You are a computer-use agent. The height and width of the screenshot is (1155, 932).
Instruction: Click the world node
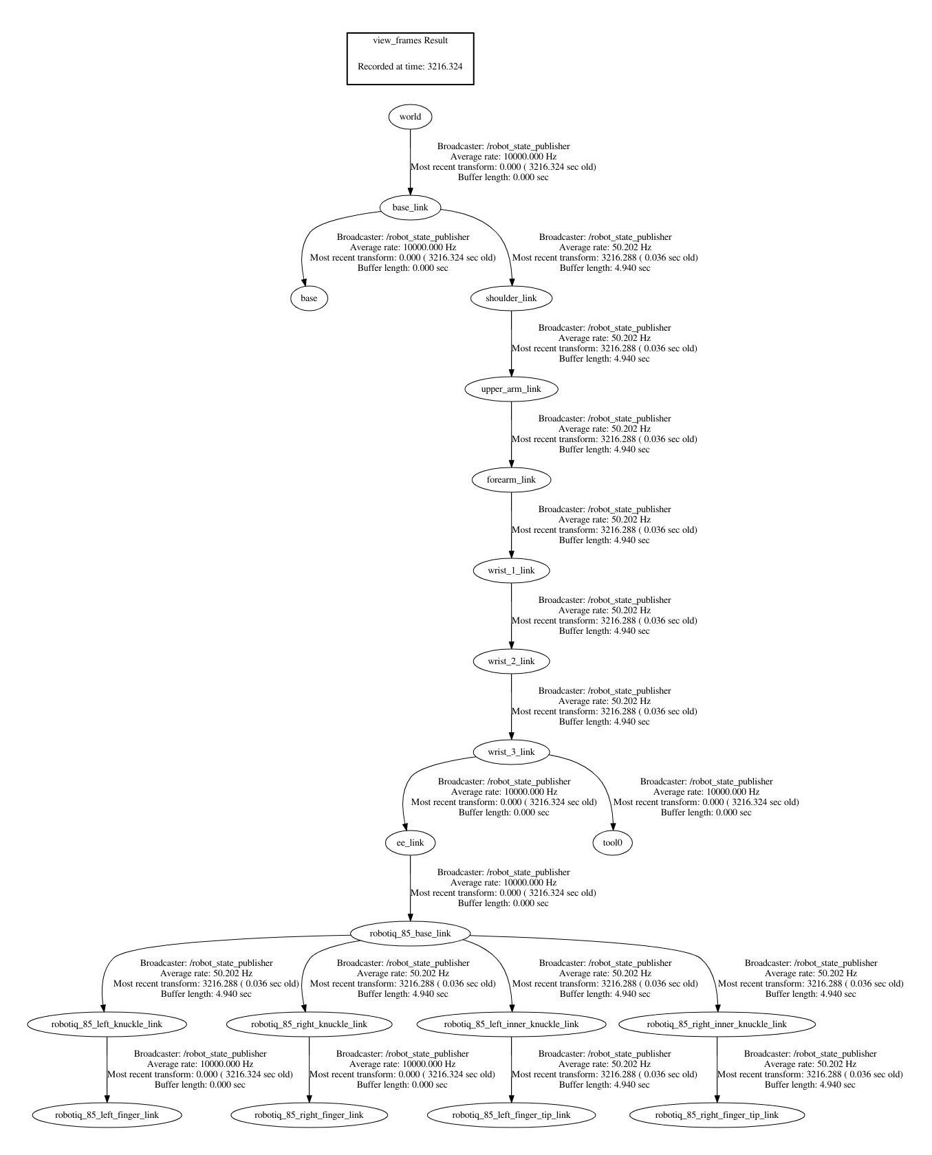coord(410,117)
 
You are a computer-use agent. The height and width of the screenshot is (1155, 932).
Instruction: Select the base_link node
coord(410,208)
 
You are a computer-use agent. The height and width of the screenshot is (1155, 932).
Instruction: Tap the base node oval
coord(309,298)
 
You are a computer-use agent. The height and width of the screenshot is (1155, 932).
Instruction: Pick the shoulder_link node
coord(511,298)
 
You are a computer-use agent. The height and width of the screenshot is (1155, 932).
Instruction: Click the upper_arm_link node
coord(511,389)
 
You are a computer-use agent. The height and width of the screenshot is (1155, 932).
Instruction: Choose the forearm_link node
coord(511,480)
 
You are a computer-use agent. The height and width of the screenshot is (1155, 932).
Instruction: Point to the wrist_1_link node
coord(511,571)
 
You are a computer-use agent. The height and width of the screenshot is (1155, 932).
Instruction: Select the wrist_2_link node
coord(511,661)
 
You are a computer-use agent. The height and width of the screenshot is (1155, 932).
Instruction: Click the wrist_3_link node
coord(511,752)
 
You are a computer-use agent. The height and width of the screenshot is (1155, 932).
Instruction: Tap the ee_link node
coord(410,843)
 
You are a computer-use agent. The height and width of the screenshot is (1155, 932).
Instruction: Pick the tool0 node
coord(612,843)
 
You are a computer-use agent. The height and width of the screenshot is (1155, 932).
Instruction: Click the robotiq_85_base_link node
coord(410,934)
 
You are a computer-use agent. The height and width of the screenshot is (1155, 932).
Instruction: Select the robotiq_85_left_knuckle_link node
coord(107,1024)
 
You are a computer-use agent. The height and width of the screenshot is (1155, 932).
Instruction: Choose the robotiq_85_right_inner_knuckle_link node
coord(717,1024)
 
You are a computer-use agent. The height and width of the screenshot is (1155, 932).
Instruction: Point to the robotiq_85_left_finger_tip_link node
coord(511,1115)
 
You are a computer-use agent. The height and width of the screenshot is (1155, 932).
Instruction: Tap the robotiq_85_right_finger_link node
coord(309,1115)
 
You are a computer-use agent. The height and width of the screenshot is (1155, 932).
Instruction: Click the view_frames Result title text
coord(410,41)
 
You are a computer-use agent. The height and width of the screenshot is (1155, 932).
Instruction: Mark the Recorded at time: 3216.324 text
coord(410,67)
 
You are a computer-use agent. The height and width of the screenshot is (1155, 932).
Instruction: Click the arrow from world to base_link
coord(411,162)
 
